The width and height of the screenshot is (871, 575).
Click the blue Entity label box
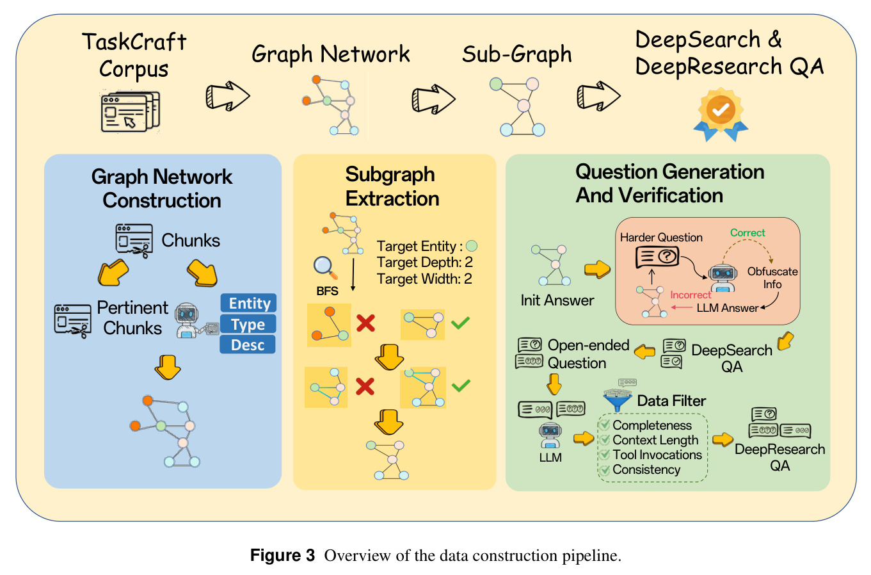(x=248, y=303)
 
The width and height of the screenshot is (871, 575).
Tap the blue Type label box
(x=248, y=324)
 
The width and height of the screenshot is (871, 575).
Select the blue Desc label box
(x=248, y=344)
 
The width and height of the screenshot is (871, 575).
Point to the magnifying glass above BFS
(x=325, y=268)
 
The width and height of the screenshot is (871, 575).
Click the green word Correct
(x=747, y=232)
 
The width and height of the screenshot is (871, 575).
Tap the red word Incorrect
(x=691, y=295)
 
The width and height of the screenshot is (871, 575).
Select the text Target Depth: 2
(x=424, y=263)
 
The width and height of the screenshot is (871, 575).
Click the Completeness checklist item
(x=646, y=425)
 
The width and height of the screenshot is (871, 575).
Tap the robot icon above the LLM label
(x=550, y=435)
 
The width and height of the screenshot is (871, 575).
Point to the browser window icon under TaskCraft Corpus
(x=131, y=111)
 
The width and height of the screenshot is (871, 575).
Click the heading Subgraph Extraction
(x=392, y=186)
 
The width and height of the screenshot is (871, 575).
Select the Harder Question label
(x=661, y=238)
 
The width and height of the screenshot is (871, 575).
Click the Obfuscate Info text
(x=772, y=278)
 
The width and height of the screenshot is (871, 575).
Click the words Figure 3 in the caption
(x=282, y=555)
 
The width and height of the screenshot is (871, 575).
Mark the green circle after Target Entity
(x=472, y=246)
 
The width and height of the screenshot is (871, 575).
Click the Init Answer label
(x=557, y=300)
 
